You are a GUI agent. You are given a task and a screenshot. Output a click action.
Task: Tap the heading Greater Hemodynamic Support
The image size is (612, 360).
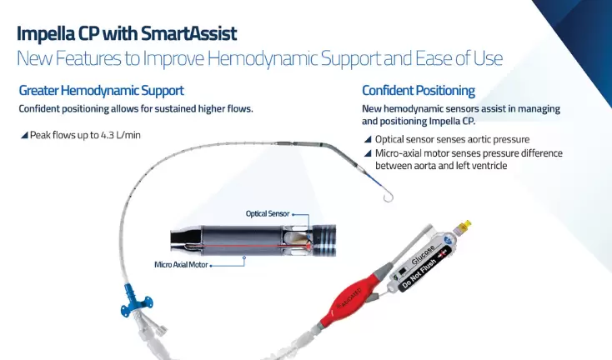(x=101, y=90)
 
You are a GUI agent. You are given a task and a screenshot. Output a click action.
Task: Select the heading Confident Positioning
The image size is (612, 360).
(x=418, y=90)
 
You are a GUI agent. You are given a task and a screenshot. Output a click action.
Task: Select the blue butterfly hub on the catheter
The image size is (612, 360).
(x=131, y=298)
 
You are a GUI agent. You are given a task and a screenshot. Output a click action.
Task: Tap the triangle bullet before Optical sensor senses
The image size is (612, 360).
(x=368, y=139)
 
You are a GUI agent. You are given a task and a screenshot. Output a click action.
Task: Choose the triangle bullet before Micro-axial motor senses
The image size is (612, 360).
(x=368, y=153)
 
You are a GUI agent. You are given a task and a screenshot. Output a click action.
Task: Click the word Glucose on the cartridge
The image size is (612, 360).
(x=424, y=250)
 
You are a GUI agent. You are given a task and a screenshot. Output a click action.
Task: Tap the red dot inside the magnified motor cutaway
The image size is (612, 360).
(x=308, y=247)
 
